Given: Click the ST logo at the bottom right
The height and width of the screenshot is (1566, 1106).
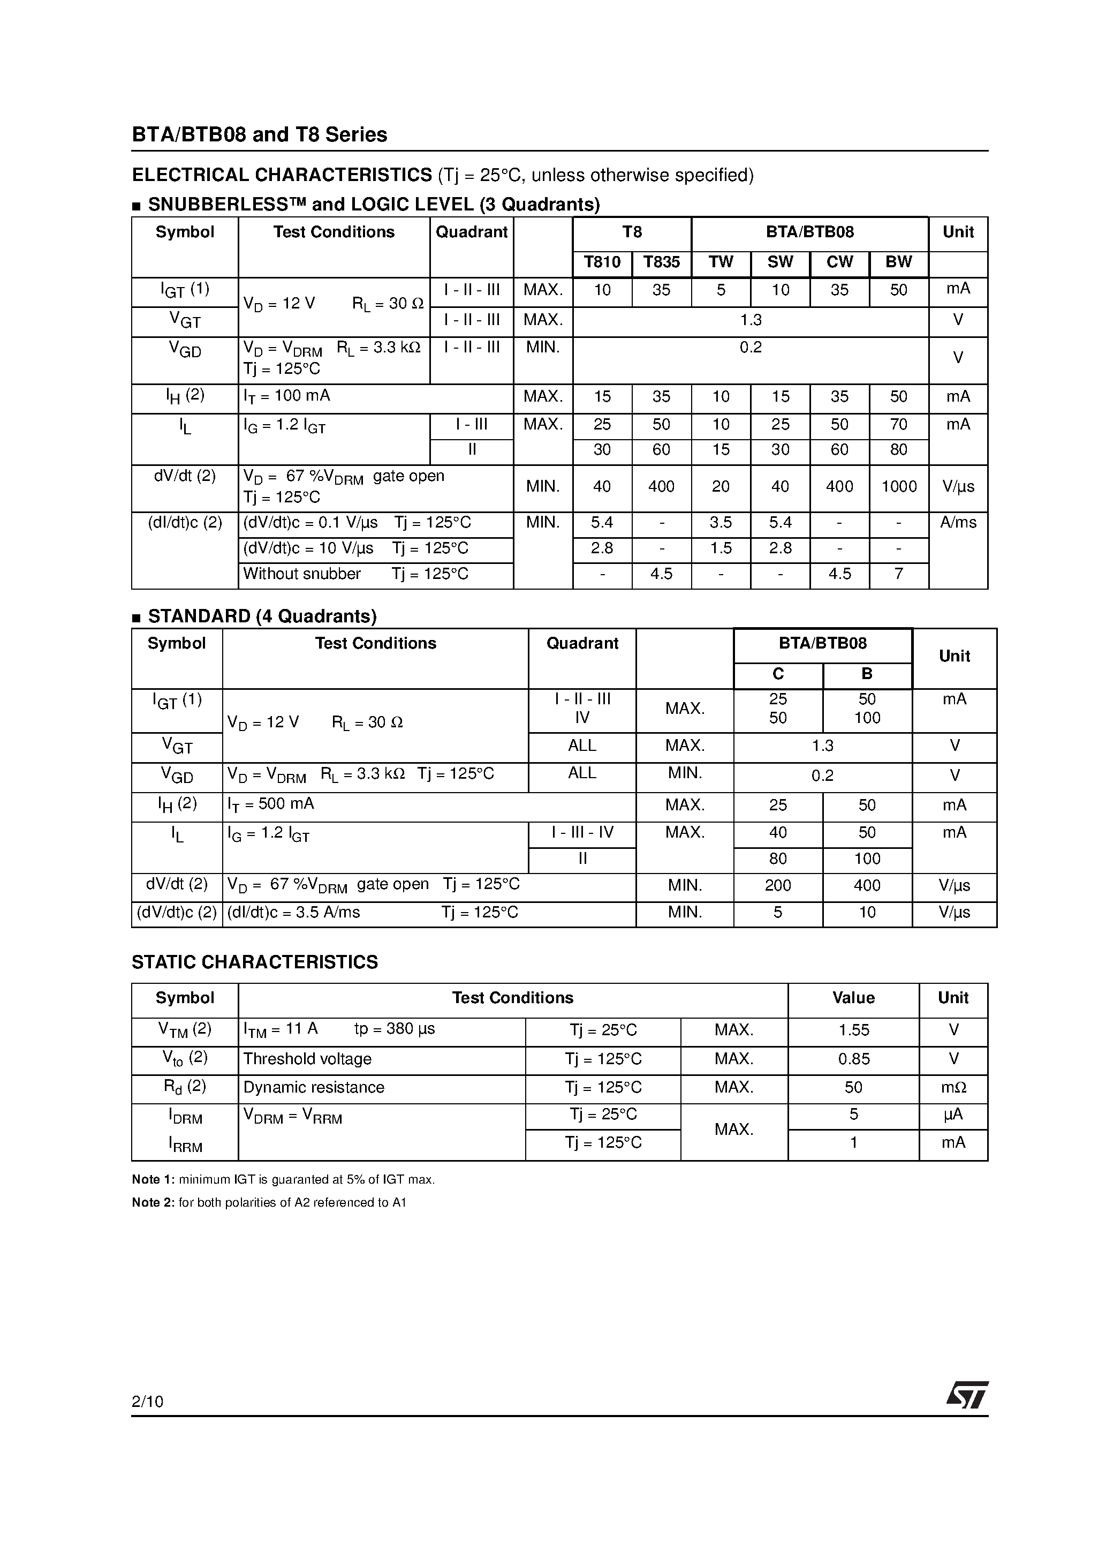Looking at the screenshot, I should (966, 1396).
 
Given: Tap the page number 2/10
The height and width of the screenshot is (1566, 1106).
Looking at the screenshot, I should (147, 1402).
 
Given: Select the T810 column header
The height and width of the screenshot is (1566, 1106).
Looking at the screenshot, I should (602, 262).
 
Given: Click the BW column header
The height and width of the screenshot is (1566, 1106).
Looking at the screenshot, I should (898, 262).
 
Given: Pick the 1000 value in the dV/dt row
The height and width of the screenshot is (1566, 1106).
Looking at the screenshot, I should (899, 487).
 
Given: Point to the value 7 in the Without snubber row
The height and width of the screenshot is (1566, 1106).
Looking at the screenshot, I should (898, 574).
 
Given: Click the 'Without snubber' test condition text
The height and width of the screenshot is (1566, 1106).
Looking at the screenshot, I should (301, 574).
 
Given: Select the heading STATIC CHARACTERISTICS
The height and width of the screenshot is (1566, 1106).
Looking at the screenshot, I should (254, 962).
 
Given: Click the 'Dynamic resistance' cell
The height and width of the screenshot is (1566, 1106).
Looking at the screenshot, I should (314, 1087).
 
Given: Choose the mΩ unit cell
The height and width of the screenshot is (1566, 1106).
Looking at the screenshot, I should (953, 1088).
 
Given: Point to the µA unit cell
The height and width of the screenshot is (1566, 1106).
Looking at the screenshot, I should (953, 1115).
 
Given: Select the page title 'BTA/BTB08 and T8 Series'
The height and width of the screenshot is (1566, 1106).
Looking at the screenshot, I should (259, 135).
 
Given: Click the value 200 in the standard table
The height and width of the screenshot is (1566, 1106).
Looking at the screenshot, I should (777, 886).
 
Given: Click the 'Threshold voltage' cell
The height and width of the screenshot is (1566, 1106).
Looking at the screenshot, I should (307, 1059).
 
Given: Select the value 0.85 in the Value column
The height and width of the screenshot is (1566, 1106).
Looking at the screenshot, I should (854, 1059).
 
